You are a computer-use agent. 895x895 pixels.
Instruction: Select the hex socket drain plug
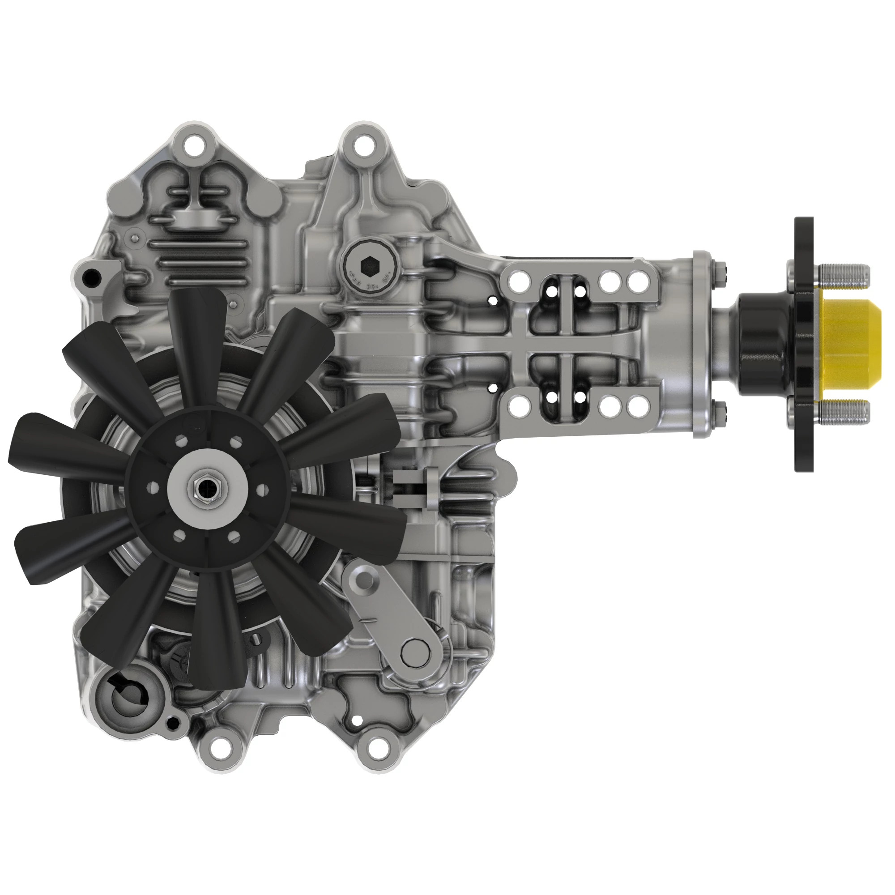pyautogui.click(x=369, y=266)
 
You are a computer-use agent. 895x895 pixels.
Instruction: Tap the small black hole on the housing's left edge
pyautogui.click(x=91, y=277)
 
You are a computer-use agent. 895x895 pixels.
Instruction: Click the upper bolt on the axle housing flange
pyautogui.click(x=721, y=269)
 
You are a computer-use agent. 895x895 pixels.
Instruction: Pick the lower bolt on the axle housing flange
pyautogui.click(x=721, y=407)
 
